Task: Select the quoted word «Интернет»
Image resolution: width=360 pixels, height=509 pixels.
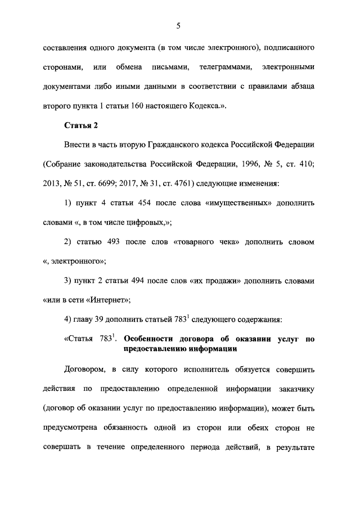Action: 109,299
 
